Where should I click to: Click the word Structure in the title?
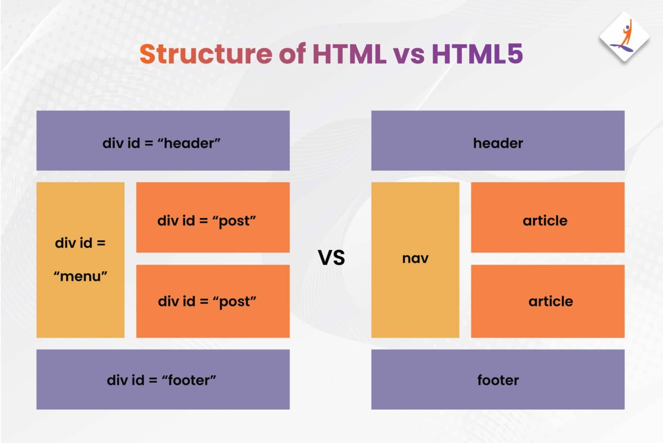[205, 54]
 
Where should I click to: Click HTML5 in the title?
[477, 54]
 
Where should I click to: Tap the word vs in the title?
[408, 55]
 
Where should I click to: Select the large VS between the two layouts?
[331, 258]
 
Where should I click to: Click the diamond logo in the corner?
[624, 38]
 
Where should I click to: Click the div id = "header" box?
[163, 140]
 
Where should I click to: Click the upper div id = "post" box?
[213, 217]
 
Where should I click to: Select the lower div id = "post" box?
[213, 301]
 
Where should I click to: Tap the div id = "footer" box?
[163, 379]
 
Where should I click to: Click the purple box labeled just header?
[498, 140]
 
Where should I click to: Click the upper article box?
[547, 217]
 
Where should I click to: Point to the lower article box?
[547, 301]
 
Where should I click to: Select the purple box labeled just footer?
[498, 379]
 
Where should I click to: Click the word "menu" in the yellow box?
[80, 276]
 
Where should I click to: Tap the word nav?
[415, 258]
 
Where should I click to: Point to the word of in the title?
[292, 54]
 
